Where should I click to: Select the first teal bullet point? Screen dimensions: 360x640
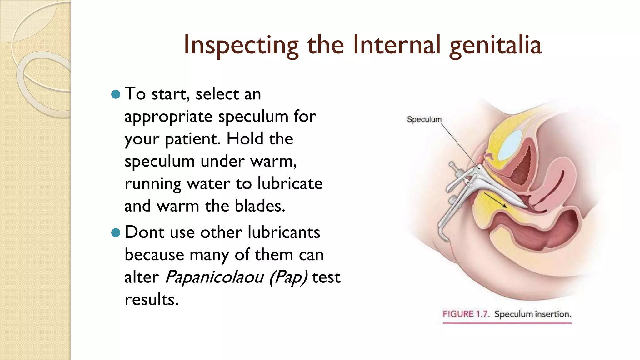coord(116,94)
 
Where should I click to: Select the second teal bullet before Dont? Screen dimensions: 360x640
coord(116,232)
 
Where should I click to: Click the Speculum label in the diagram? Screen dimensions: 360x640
coord(424,119)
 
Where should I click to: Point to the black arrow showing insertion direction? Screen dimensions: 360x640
coord(495,200)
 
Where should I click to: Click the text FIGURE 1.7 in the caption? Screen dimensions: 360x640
coord(466,314)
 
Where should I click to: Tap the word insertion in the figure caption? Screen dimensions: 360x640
coord(553,314)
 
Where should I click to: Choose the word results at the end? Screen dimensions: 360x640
coord(152,300)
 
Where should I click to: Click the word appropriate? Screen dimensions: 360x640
coord(168,117)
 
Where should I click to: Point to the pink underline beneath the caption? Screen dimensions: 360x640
coord(507,323)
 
